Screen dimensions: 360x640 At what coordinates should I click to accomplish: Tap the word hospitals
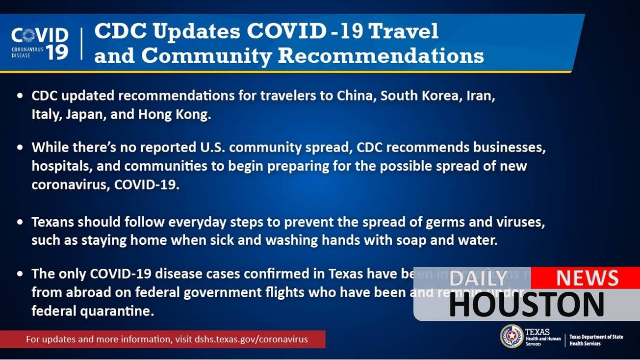(61, 166)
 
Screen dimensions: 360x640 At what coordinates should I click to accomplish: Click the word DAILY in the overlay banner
(478, 279)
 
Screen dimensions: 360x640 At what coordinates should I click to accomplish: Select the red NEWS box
(586, 278)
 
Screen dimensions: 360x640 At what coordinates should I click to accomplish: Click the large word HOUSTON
(526, 305)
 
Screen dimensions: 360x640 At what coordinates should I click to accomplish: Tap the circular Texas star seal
(512, 337)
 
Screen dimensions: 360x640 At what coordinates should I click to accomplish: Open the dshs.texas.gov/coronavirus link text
(251, 339)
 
